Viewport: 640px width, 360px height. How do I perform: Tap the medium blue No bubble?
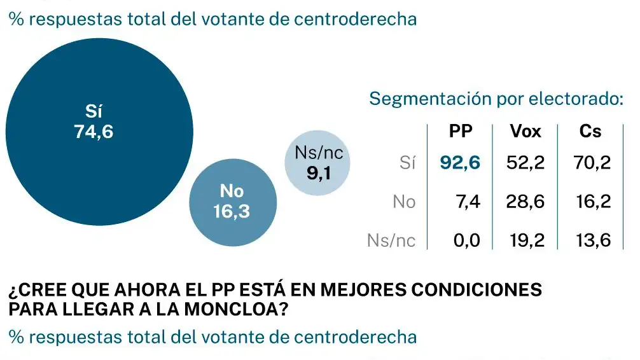233,201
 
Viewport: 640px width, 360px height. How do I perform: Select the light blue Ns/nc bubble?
317,163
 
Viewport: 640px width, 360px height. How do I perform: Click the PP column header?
461,132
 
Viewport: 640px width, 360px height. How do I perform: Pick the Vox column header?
525,132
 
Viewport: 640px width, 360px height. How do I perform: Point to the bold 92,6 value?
460,163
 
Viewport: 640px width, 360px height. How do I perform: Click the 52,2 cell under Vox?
525,163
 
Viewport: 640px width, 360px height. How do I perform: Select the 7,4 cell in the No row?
466,202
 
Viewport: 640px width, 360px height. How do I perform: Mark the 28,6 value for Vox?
525,202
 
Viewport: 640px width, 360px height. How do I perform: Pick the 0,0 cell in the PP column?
466,240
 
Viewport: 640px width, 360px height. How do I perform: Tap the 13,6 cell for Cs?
592,240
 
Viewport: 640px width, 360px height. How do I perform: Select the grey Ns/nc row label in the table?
391,240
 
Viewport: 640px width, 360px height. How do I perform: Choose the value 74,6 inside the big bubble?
94,133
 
